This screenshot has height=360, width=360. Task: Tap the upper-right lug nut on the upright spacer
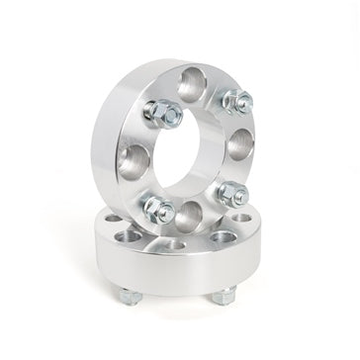click(x=235, y=101)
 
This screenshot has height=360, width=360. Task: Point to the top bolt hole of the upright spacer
click(x=194, y=83)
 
